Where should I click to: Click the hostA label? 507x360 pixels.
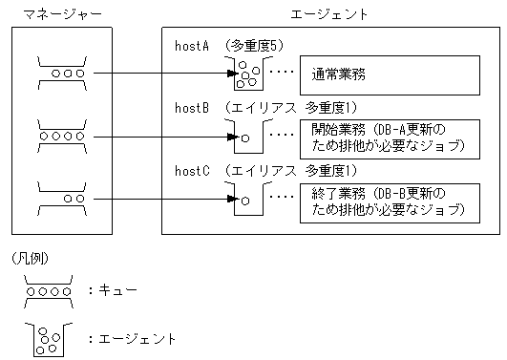click(192, 45)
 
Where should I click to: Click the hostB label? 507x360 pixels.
click(192, 108)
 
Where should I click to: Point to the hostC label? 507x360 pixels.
click(192, 171)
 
